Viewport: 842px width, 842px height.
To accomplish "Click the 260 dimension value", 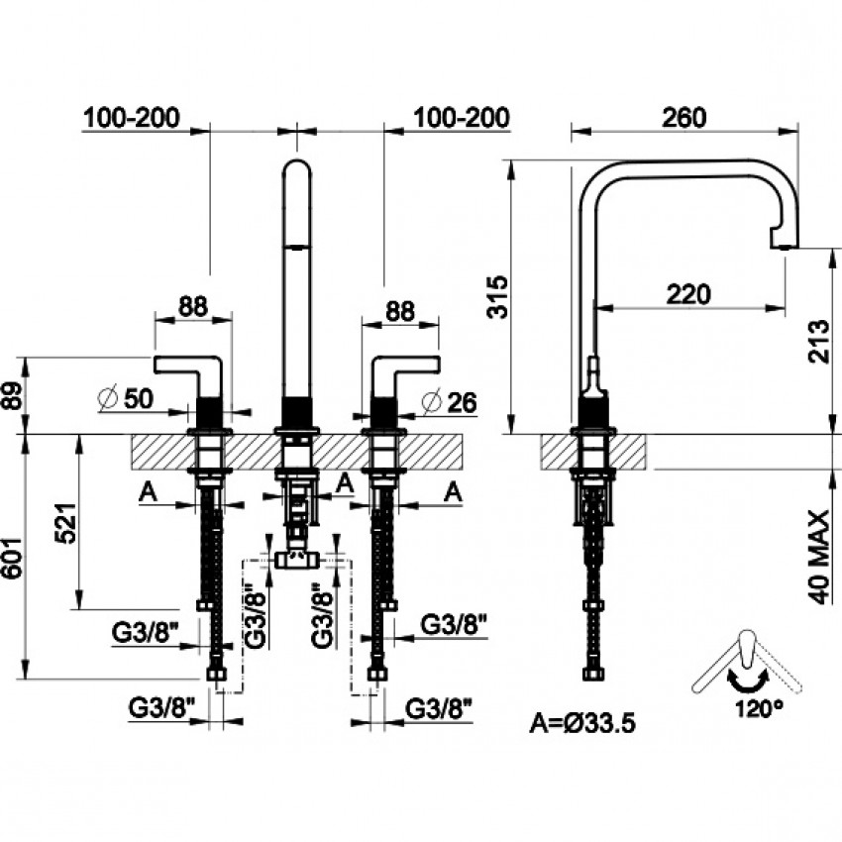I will click(x=684, y=117).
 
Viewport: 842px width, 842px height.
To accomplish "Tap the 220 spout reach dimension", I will click(x=687, y=294).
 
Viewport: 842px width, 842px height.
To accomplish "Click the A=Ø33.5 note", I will click(x=583, y=722).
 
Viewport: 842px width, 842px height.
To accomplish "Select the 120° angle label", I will click(x=758, y=708).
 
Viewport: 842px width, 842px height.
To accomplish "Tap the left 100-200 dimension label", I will click(x=133, y=117).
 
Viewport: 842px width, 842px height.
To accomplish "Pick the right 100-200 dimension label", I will click(x=463, y=117).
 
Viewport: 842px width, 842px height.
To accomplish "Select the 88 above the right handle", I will click(x=399, y=310).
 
